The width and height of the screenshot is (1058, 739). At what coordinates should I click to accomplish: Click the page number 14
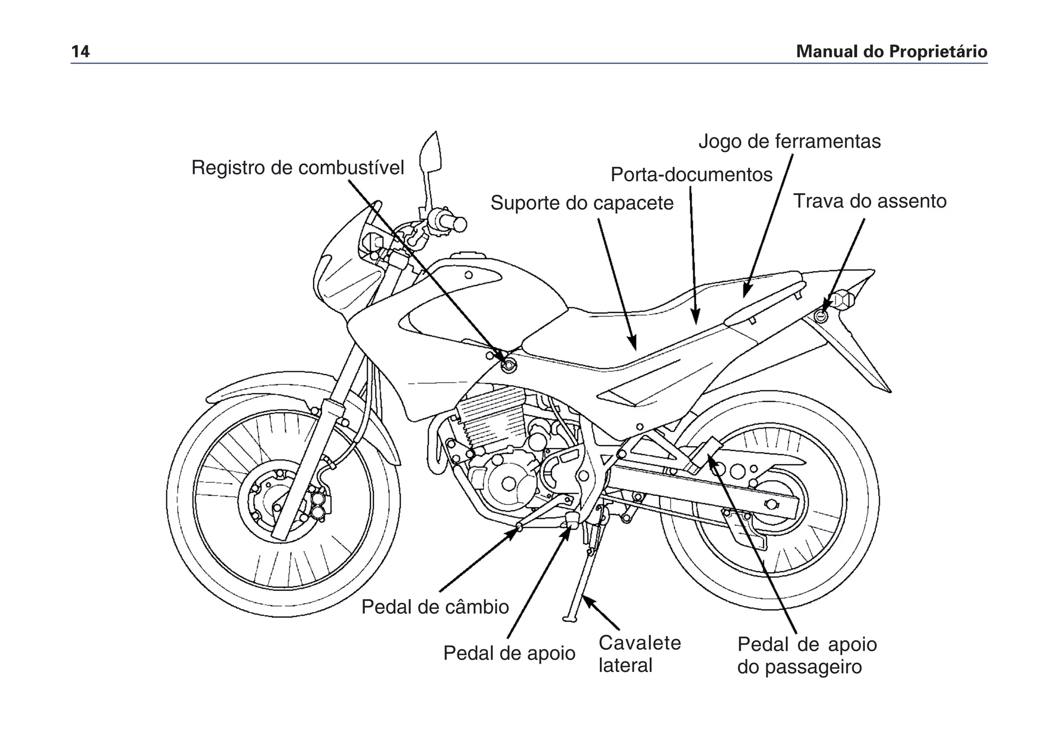point(80,52)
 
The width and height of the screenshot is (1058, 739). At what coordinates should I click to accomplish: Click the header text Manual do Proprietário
point(891,52)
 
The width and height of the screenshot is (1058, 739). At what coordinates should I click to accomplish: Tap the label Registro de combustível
point(298,168)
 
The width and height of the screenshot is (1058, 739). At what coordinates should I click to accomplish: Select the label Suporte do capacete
point(582,203)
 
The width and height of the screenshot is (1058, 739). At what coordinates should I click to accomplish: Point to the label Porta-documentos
point(691,175)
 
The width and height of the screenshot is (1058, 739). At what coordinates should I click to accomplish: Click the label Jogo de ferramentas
point(789,141)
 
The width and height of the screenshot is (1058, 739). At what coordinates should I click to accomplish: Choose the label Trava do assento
point(869,201)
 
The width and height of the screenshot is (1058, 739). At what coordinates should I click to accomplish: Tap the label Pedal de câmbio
point(435,607)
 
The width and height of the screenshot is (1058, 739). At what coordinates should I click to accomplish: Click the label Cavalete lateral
point(639,654)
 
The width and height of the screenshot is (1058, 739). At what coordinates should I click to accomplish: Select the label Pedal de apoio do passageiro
point(806,655)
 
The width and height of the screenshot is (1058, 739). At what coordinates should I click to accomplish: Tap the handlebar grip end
point(458,224)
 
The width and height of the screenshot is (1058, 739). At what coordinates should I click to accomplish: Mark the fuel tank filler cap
point(468,257)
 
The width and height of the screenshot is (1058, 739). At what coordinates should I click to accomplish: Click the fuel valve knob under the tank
point(509,366)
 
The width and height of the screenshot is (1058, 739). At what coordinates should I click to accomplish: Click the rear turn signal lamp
point(843,300)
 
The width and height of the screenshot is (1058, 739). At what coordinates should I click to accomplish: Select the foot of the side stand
point(570,619)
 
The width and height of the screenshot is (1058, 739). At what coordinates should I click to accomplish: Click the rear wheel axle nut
point(771,504)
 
